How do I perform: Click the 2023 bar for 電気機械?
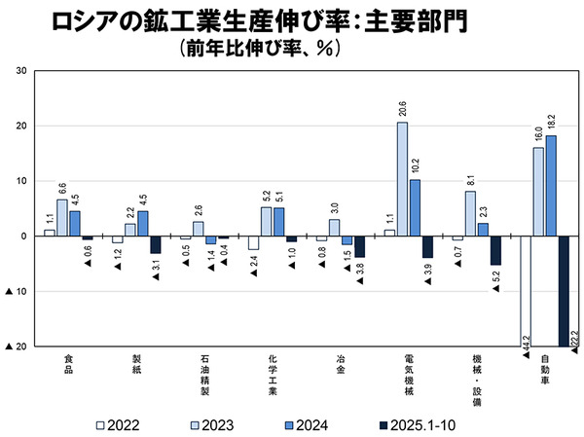point(402,179)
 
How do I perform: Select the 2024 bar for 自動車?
point(551,186)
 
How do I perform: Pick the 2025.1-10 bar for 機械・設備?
point(495,250)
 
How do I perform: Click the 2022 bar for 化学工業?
point(253,242)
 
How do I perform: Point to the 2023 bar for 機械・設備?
point(470,213)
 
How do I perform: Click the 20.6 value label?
point(402,108)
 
